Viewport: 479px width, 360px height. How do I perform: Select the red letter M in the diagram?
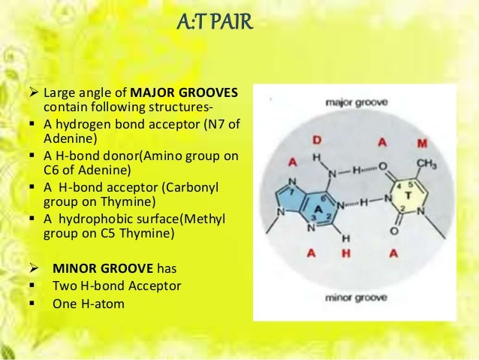(x=423, y=143)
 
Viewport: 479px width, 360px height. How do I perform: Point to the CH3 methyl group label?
(x=426, y=163)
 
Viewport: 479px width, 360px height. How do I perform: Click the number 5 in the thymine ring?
(x=410, y=186)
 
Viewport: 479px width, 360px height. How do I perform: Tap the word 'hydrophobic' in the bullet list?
(x=93, y=218)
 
